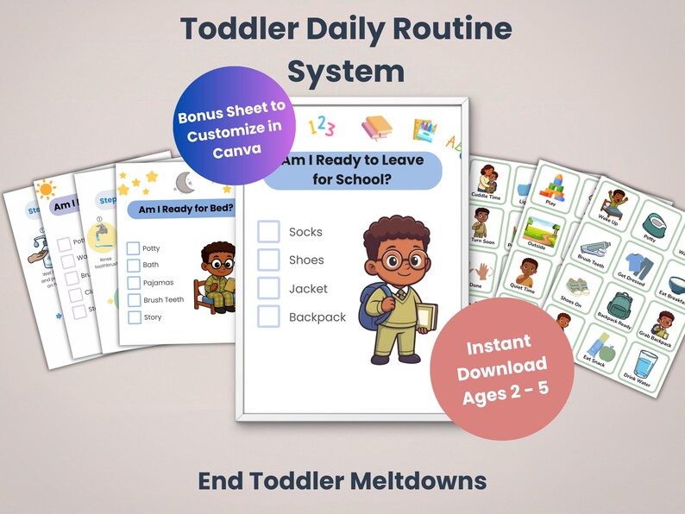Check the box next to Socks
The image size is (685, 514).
coord(269,231)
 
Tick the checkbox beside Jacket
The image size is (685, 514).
coord(269,288)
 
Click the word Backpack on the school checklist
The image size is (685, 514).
coord(317,317)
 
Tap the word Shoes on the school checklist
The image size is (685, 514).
coord(306,260)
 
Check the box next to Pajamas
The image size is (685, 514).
coord(134,283)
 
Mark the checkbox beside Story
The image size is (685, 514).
coord(134,317)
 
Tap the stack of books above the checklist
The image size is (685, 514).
coord(376,129)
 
